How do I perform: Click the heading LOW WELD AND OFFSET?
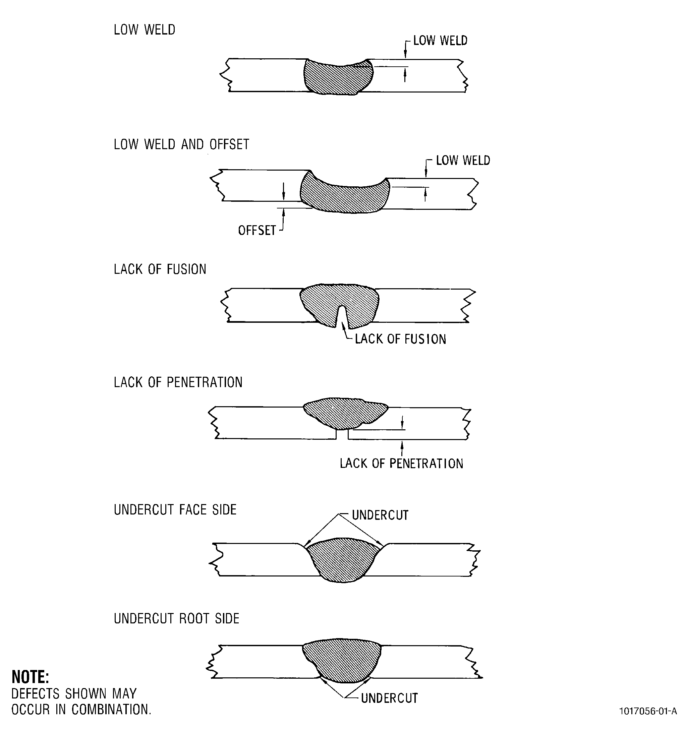click(181, 144)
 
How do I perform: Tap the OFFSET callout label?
click(257, 230)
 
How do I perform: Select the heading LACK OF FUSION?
click(160, 269)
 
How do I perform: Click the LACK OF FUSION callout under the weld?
click(400, 339)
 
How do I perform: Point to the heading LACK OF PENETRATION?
click(178, 382)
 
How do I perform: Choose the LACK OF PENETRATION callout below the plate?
click(401, 464)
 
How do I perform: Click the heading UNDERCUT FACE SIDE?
click(175, 509)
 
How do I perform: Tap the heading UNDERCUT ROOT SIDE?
click(177, 618)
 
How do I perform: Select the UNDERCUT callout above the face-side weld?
click(380, 515)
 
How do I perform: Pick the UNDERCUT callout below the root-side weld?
click(389, 698)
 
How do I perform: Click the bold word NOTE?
click(30, 677)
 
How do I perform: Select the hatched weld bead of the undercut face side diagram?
click(343, 559)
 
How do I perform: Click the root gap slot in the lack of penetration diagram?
click(342, 434)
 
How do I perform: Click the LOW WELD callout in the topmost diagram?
click(440, 41)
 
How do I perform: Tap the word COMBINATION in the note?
click(111, 709)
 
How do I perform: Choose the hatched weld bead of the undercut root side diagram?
click(342, 661)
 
